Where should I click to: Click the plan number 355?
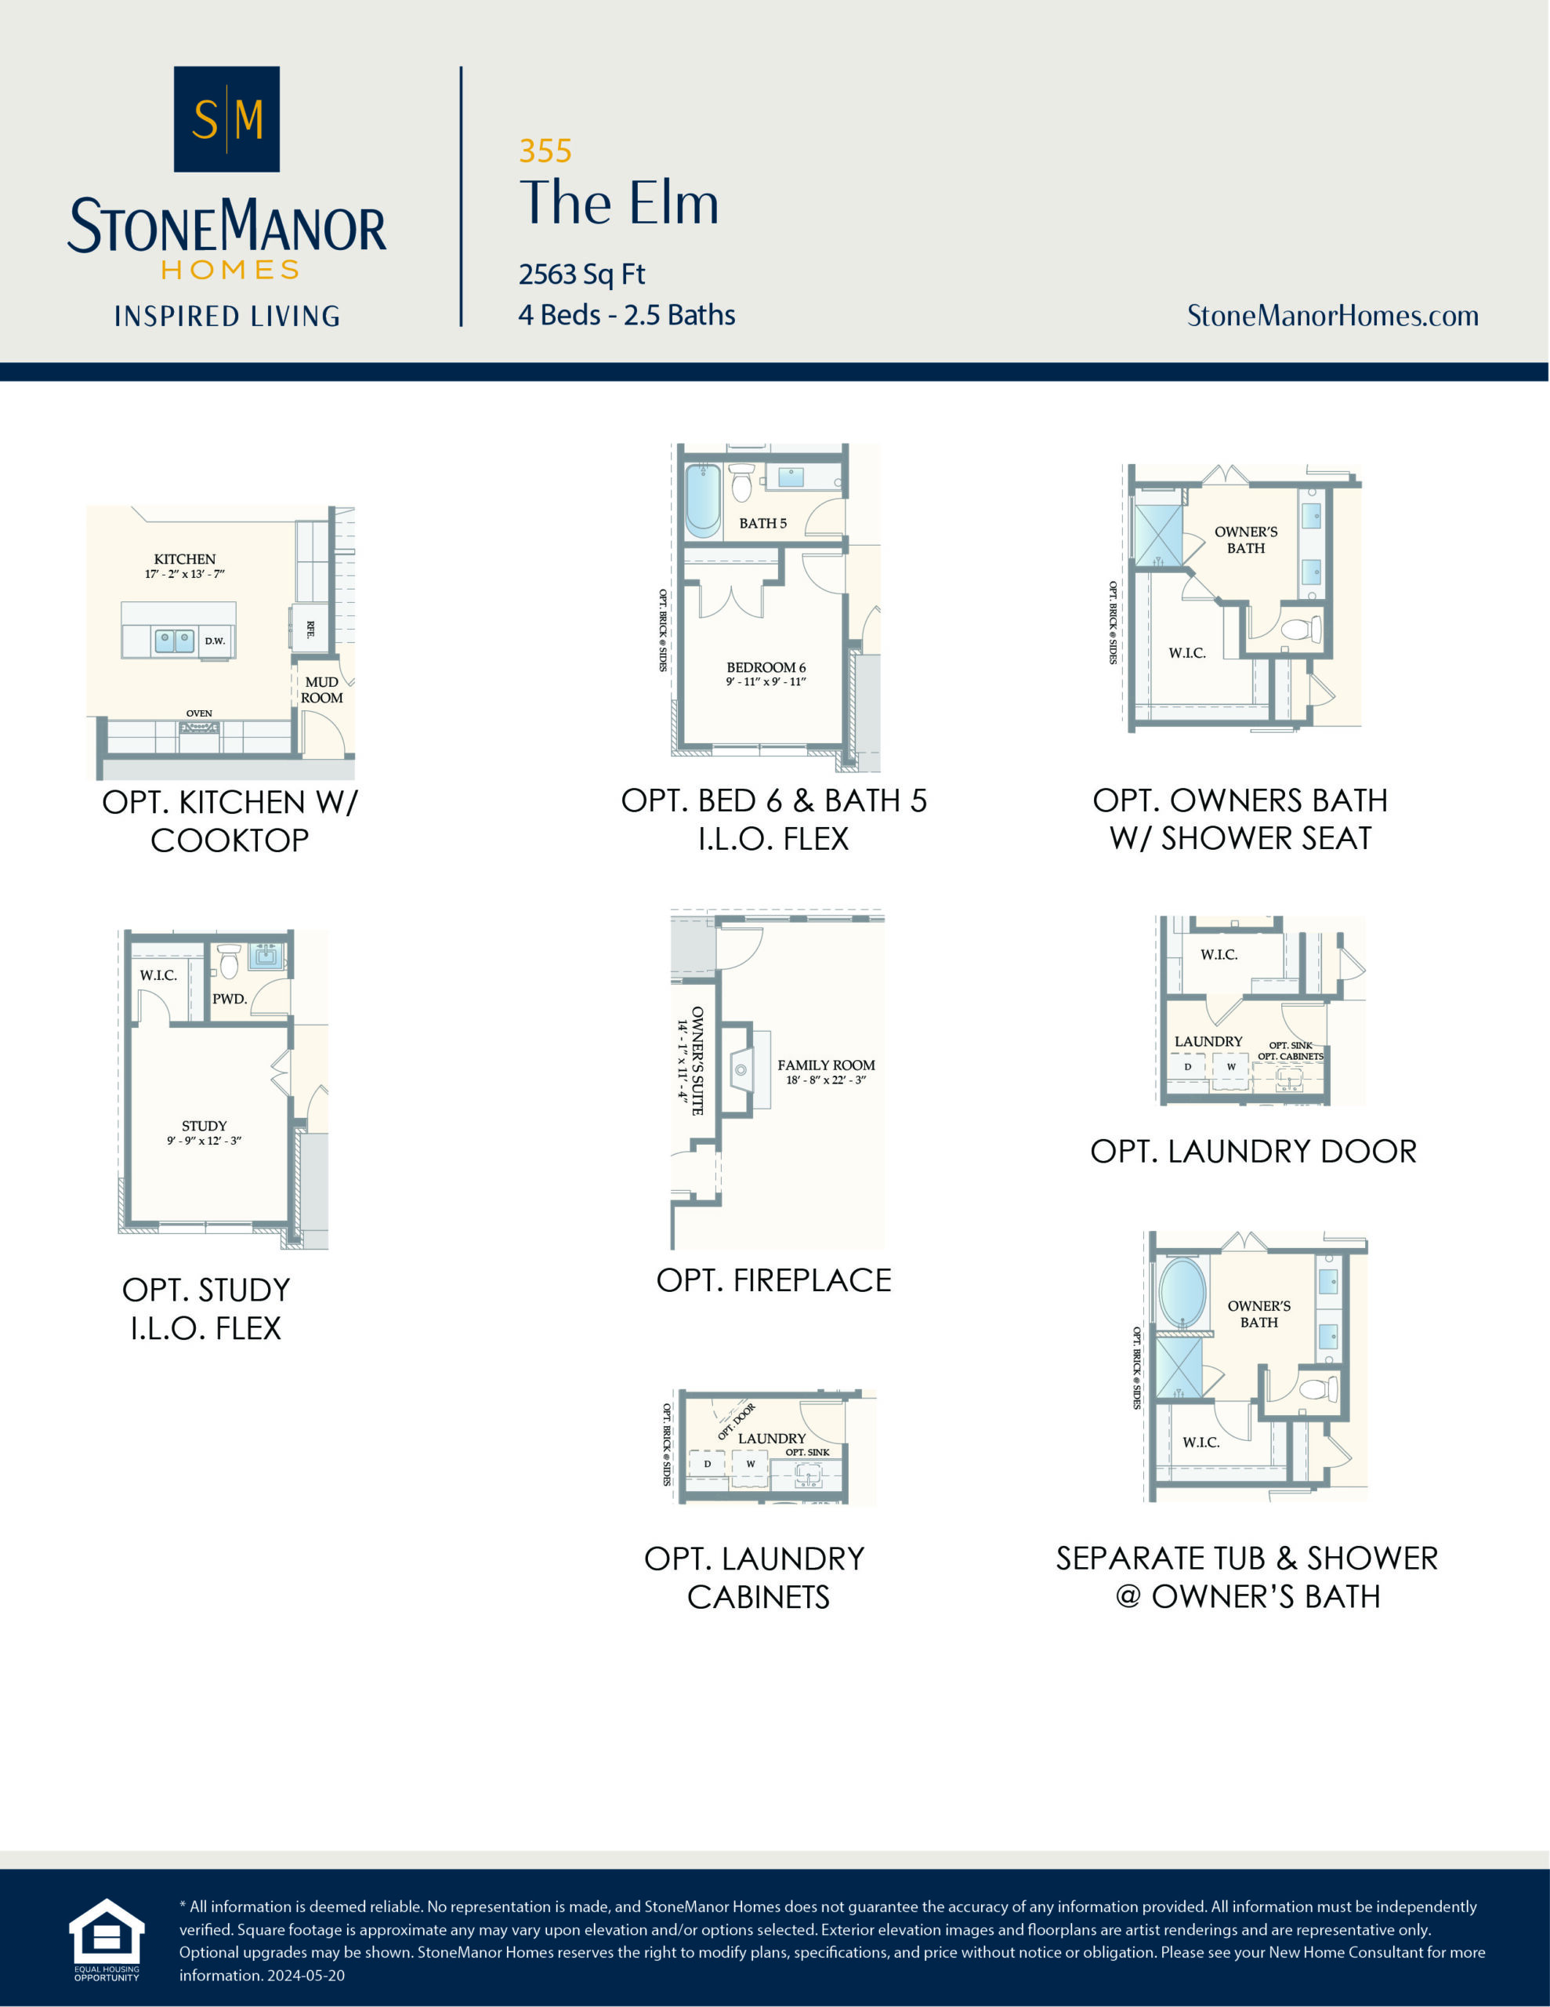pos(545,151)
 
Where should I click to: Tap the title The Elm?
pos(618,203)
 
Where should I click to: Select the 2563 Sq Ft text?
pos(581,274)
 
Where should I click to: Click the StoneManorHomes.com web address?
pos(1332,316)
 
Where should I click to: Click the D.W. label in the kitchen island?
pos(215,641)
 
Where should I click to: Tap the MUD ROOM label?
pos(321,689)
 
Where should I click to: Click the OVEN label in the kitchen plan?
pos(199,713)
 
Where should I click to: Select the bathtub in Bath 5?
pos(703,500)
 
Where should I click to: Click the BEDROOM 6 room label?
pos(766,668)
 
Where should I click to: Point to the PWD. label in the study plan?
pos(230,999)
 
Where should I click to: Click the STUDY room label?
pos(204,1127)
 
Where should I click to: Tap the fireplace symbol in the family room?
pos(741,1069)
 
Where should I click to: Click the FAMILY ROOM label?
pos(826,1066)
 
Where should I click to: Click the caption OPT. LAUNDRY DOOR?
pos(1253,1152)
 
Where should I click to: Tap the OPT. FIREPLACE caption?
pos(773,1280)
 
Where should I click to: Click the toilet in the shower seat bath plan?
pos(1300,630)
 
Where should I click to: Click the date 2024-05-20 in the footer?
pos(306,1976)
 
